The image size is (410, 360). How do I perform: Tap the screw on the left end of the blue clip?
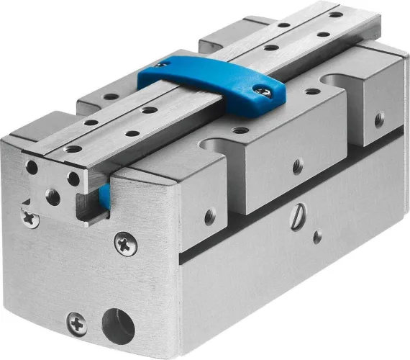(163, 64)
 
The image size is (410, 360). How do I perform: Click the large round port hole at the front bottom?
(118, 325)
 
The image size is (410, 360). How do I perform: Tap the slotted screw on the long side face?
(297, 217)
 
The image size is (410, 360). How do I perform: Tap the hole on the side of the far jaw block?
(379, 120)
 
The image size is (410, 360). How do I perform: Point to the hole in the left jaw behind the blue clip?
(111, 96)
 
